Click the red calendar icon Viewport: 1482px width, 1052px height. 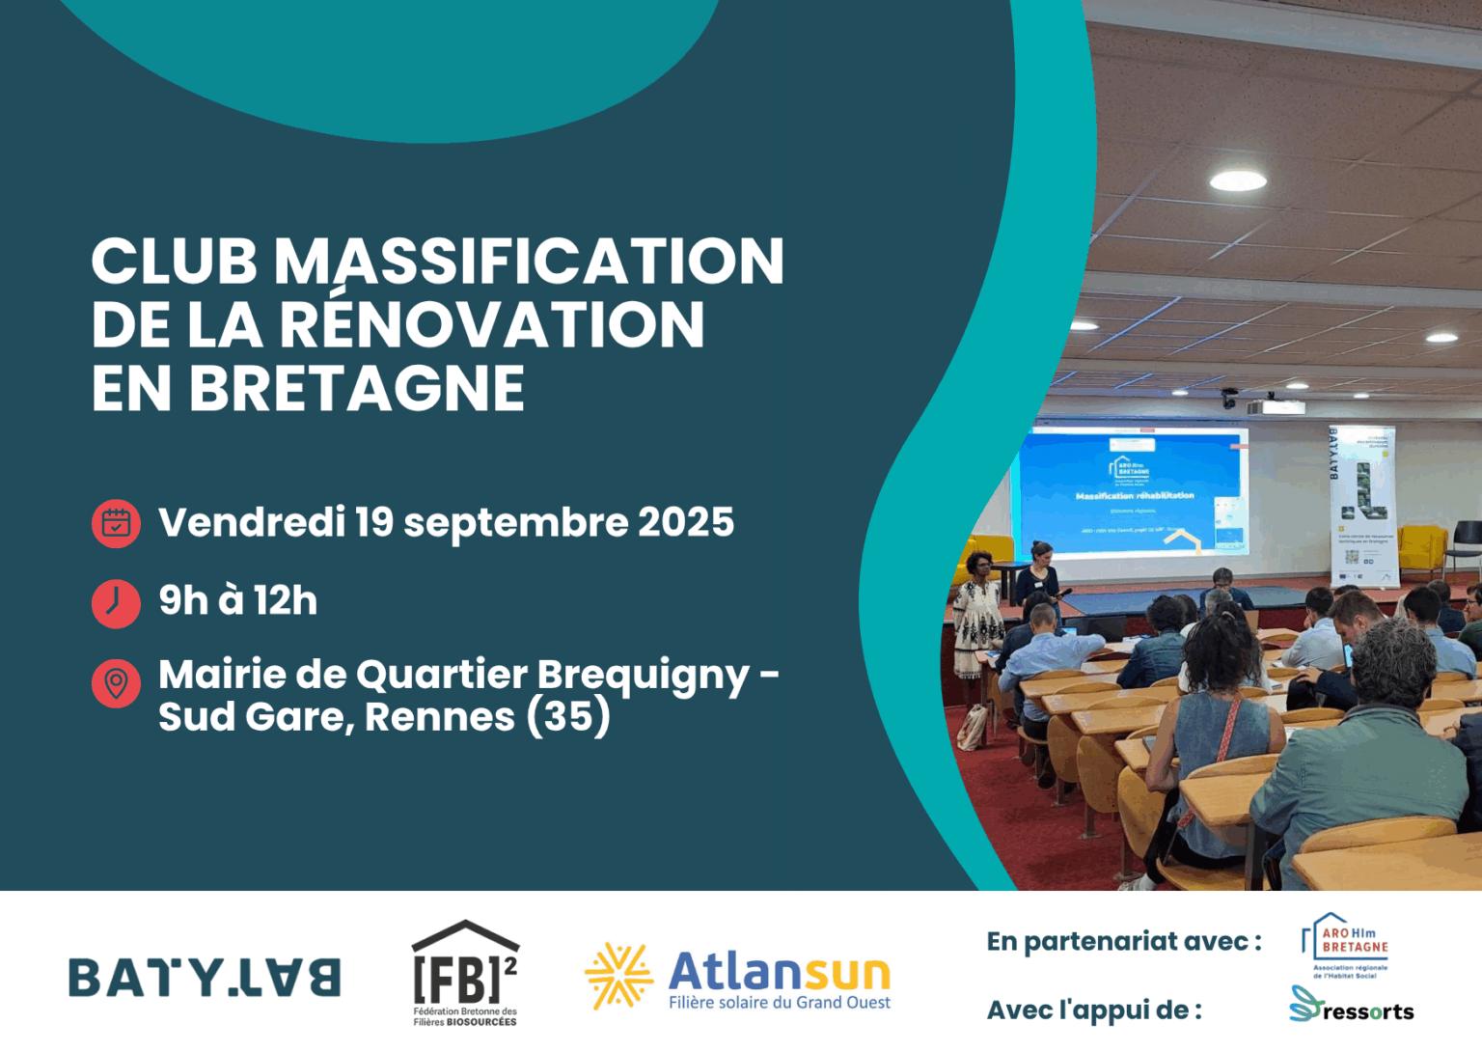click(116, 522)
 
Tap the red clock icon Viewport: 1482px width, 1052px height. click(116, 602)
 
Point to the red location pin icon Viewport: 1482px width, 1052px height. click(116, 683)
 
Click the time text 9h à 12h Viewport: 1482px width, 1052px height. click(237, 601)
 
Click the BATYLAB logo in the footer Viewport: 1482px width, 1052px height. click(205, 977)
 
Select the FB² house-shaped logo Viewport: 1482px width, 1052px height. click(464, 970)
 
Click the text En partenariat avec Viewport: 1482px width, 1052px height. click(1124, 941)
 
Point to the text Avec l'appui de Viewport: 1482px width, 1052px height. click(1094, 1010)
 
